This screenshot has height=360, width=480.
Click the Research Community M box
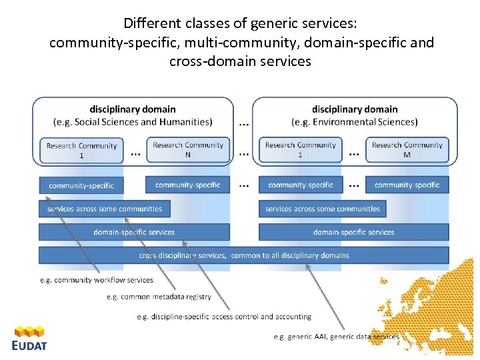pyautogui.click(x=407, y=149)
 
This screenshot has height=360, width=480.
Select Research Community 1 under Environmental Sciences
pyautogui.click(x=300, y=149)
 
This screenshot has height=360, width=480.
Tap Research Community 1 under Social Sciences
pyautogui.click(x=81, y=150)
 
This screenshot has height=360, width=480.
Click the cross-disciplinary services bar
pyautogui.click(x=244, y=255)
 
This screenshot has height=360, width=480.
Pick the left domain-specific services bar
pyautogui.click(x=134, y=232)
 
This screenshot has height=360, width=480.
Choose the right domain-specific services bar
pyautogui.click(x=353, y=232)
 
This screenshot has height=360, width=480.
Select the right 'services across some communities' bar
pyautogui.click(x=323, y=209)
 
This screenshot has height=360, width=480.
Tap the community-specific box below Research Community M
pyautogui.click(x=407, y=185)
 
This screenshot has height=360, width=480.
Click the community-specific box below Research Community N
pyautogui.click(x=187, y=185)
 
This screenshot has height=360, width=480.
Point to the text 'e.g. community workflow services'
pyautogui.click(x=97, y=280)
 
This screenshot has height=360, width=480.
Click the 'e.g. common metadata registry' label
pyautogui.click(x=159, y=297)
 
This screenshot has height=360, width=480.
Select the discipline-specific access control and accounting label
pyautogui.click(x=224, y=317)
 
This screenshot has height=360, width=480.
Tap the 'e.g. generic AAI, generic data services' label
pyautogui.click(x=336, y=337)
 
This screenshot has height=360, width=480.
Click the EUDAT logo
pyautogui.click(x=29, y=338)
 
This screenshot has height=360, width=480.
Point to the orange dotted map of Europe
pyautogui.click(x=433, y=313)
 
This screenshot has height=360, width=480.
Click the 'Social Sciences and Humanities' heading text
pyautogui.click(x=133, y=122)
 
